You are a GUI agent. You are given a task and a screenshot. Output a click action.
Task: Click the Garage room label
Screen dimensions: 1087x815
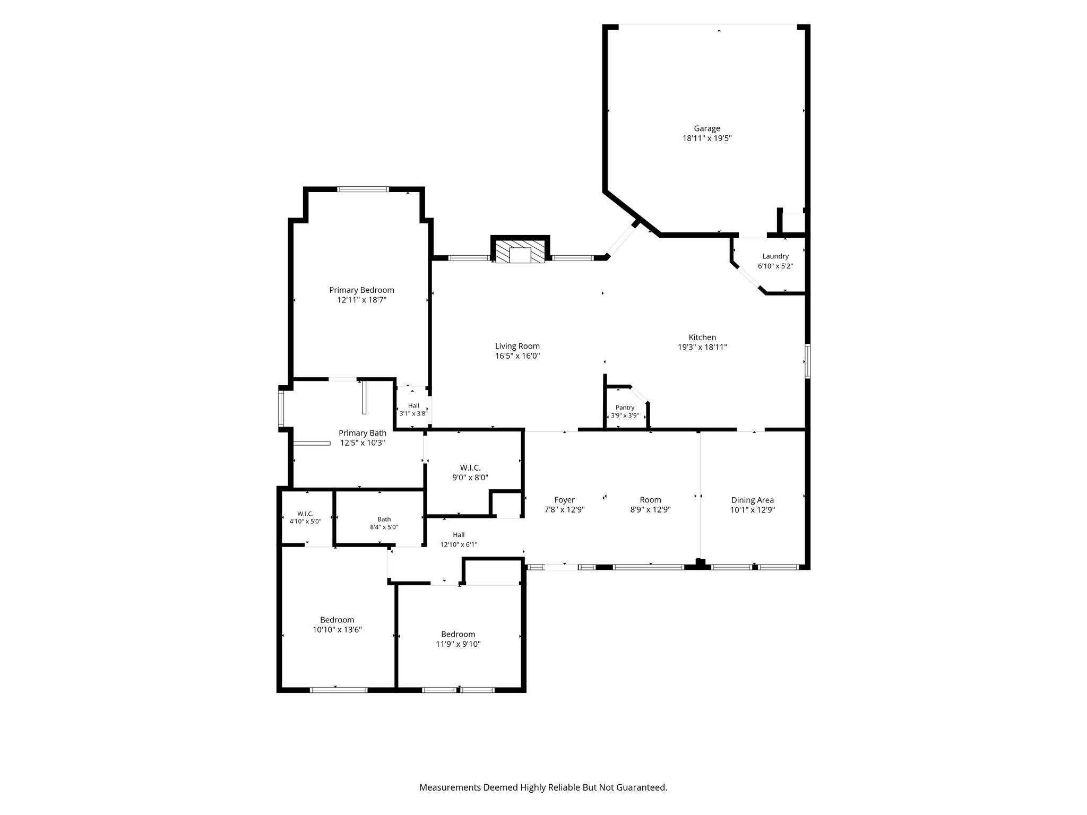pyautogui.click(x=707, y=128)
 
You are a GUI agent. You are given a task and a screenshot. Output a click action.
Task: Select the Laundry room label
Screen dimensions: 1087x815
pyautogui.click(x=775, y=256)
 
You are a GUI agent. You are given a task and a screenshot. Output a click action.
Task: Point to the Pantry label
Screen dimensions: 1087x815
pyautogui.click(x=625, y=407)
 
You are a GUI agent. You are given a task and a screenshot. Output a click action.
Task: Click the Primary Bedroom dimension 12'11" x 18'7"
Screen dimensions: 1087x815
pyautogui.click(x=361, y=300)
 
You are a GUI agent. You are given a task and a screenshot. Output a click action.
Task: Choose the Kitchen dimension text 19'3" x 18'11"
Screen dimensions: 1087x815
pyautogui.click(x=702, y=347)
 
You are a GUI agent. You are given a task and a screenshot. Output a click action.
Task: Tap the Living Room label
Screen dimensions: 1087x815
pyautogui.click(x=517, y=346)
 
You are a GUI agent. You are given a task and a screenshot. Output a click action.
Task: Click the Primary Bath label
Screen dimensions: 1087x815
pyautogui.click(x=363, y=433)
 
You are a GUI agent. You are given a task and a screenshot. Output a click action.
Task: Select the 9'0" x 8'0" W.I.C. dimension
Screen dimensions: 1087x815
pyautogui.click(x=470, y=477)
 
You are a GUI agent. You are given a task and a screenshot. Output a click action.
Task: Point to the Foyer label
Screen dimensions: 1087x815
pyautogui.click(x=564, y=500)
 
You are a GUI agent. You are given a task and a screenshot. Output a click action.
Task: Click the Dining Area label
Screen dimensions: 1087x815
pyautogui.click(x=752, y=500)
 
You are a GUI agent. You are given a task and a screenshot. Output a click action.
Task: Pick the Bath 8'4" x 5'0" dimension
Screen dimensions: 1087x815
pyautogui.click(x=384, y=527)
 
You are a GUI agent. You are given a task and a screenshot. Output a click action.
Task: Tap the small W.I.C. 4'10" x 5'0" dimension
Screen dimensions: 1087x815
pyautogui.click(x=305, y=522)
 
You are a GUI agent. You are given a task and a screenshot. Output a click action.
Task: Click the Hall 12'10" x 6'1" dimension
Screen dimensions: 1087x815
pyautogui.click(x=459, y=544)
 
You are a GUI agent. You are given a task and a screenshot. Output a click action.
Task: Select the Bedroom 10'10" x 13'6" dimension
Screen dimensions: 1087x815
pyautogui.click(x=337, y=630)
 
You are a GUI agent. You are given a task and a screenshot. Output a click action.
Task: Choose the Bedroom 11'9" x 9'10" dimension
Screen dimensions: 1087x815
pyautogui.click(x=458, y=644)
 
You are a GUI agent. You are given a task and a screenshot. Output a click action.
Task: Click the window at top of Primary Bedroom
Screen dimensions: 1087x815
pyautogui.click(x=364, y=189)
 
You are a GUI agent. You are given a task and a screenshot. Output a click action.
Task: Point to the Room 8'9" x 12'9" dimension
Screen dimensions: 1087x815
pyautogui.click(x=650, y=509)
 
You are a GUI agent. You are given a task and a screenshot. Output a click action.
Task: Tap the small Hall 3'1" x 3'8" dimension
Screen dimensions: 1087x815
pyautogui.click(x=413, y=413)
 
